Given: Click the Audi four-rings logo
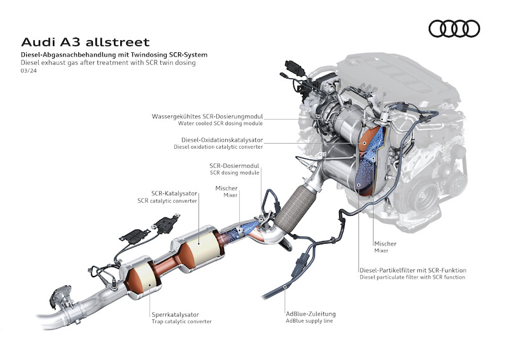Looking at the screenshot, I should tap(454, 29).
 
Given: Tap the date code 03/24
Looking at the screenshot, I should tap(29, 71).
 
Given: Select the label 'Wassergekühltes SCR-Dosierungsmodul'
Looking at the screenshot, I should tap(207, 117).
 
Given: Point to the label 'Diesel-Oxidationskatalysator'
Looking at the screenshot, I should tap(222, 139).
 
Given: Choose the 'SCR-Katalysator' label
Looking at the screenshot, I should tap(174, 193).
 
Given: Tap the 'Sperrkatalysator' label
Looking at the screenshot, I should tap(175, 314).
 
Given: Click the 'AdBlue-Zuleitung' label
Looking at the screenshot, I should tap(310, 314).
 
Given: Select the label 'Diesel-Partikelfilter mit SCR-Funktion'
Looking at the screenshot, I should tap(412, 270).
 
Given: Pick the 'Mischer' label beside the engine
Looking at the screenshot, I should tap(385, 244).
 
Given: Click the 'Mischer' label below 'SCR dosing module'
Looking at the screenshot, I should tap(227, 188).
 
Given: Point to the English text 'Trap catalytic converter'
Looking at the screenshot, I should tap(181, 322).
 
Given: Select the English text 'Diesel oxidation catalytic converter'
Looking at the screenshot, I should tap(218, 147).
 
